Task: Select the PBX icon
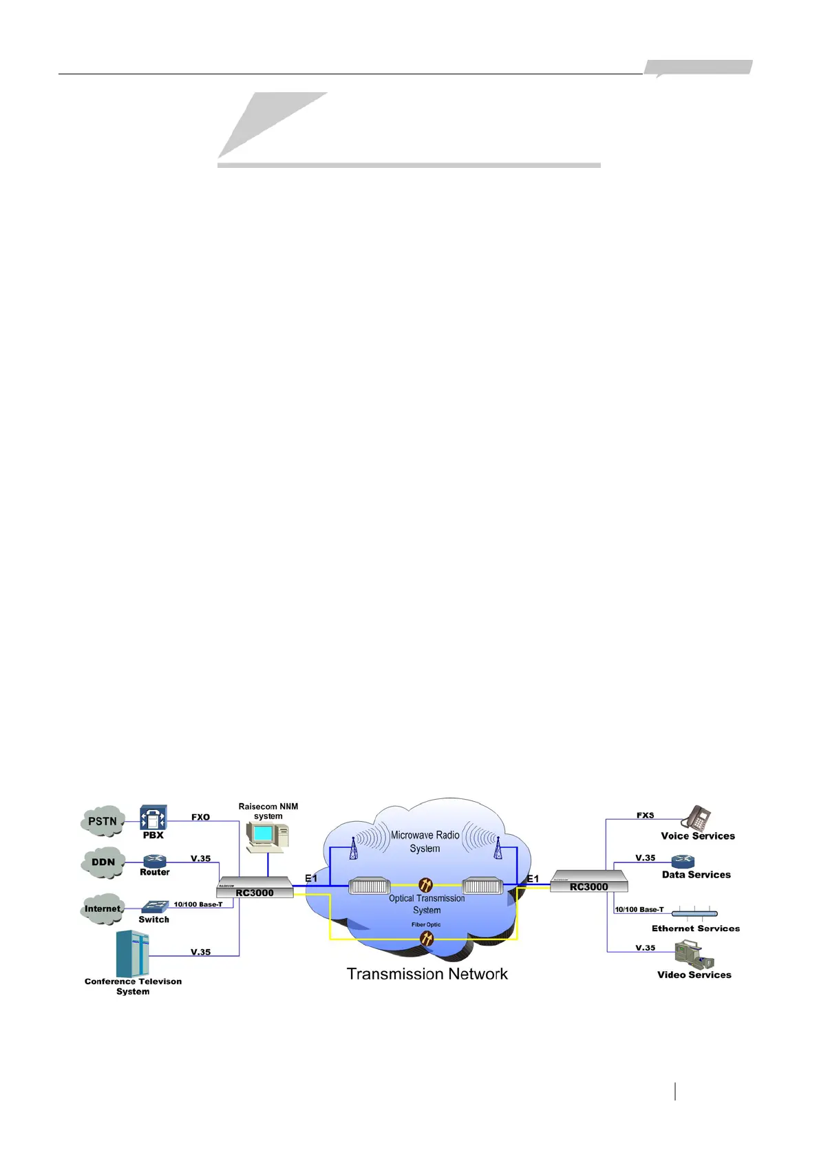click(x=153, y=818)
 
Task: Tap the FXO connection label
click(x=200, y=817)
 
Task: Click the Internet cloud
click(x=103, y=908)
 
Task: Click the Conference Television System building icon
click(x=133, y=953)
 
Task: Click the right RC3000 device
click(x=589, y=882)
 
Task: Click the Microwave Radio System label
click(x=425, y=842)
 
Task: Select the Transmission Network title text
click(x=427, y=974)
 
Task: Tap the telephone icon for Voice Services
click(x=696, y=818)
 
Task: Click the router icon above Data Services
click(x=683, y=861)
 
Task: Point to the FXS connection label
click(x=646, y=816)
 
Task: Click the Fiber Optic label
click(x=426, y=924)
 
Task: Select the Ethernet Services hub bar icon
click(x=694, y=914)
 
